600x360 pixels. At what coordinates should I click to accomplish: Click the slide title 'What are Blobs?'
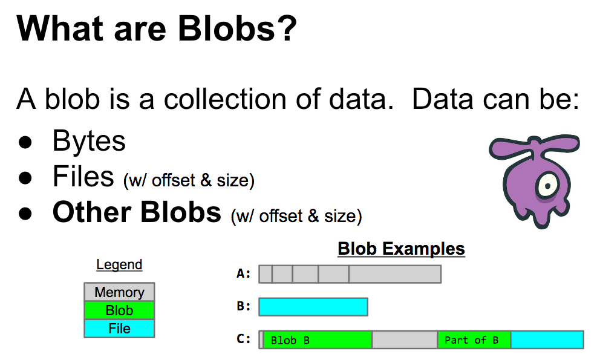[x=157, y=29]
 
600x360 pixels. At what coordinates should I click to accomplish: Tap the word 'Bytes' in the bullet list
[x=89, y=141]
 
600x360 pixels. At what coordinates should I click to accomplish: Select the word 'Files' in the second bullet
[x=83, y=177]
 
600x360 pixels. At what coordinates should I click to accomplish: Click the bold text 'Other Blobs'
[x=137, y=212]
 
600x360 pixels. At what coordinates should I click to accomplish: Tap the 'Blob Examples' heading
[x=401, y=249]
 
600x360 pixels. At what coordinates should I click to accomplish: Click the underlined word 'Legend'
[x=119, y=265]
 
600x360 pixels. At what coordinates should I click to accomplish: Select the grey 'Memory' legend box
[x=119, y=292]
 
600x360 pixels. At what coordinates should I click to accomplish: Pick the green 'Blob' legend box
[x=119, y=310]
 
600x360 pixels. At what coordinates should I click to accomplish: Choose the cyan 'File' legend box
[x=119, y=329]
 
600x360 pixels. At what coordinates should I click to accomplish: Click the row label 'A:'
[x=243, y=274]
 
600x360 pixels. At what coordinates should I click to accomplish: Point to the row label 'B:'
[x=243, y=307]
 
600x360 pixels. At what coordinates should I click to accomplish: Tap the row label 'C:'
[x=243, y=339]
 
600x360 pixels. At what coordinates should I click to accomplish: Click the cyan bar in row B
[x=313, y=307]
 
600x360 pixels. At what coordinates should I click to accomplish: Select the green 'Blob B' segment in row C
[x=318, y=339]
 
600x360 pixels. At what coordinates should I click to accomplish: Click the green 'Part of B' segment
[x=474, y=339]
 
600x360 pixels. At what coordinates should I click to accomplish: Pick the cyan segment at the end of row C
[x=547, y=339]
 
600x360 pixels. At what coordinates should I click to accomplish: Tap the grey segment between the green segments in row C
[x=405, y=339]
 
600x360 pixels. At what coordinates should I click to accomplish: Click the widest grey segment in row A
[x=395, y=274]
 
